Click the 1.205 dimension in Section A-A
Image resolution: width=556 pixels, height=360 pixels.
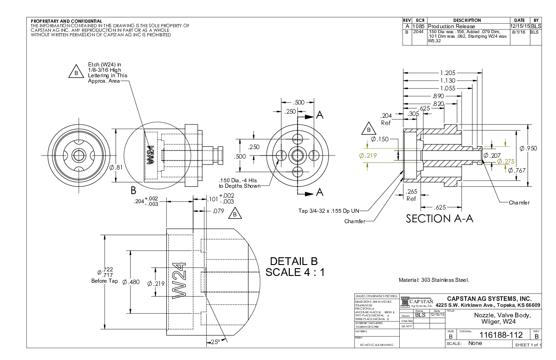447,73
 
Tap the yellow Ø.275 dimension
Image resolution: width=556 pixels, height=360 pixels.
506,161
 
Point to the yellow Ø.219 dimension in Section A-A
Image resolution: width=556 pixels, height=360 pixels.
368,155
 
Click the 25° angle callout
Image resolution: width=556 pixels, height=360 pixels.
214,342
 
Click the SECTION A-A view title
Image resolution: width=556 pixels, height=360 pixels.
439,219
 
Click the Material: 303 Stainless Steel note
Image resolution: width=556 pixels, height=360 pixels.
433,280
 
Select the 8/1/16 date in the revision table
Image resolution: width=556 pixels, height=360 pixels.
519,32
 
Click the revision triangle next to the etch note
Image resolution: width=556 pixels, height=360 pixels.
76,72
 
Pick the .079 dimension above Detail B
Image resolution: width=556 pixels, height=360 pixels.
219,211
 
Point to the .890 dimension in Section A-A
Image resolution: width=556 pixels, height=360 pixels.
438,96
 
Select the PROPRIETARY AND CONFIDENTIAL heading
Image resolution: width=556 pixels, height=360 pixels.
66,21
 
